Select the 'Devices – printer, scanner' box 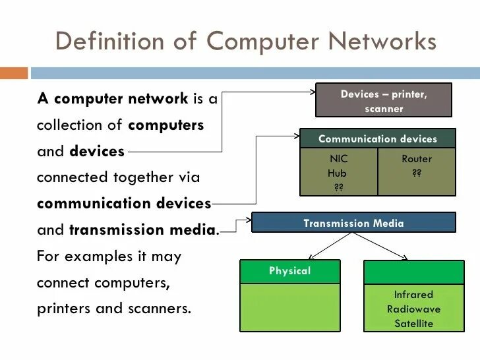pyautogui.click(x=384, y=101)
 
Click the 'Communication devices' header pyautogui.click(x=377, y=139)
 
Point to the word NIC pyautogui.click(x=338, y=159)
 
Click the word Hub pyautogui.click(x=337, y=173)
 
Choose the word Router pyautogui.click(x=417, y=159)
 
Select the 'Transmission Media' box pyautogui.click(x=353, y=223)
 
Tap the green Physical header pyautogui.click(x=289, y=271)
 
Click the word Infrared pyautogui.click(x=413, y=295)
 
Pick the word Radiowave pyautogui.click(x=413, y=309)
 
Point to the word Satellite pyautogui.click(x=413, y=324)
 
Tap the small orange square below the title pyautogui.click(x=15, y=72)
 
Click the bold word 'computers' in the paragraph pyautogui.click(x=166, y=125)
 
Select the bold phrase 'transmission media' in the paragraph pyautogui.click(x=142, y=230)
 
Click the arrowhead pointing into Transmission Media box pyautogui.click(x=249, y=221)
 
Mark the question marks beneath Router pyautogui.click(x=417, y=173)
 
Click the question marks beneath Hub pyautogui.click(x=338, y=187)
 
